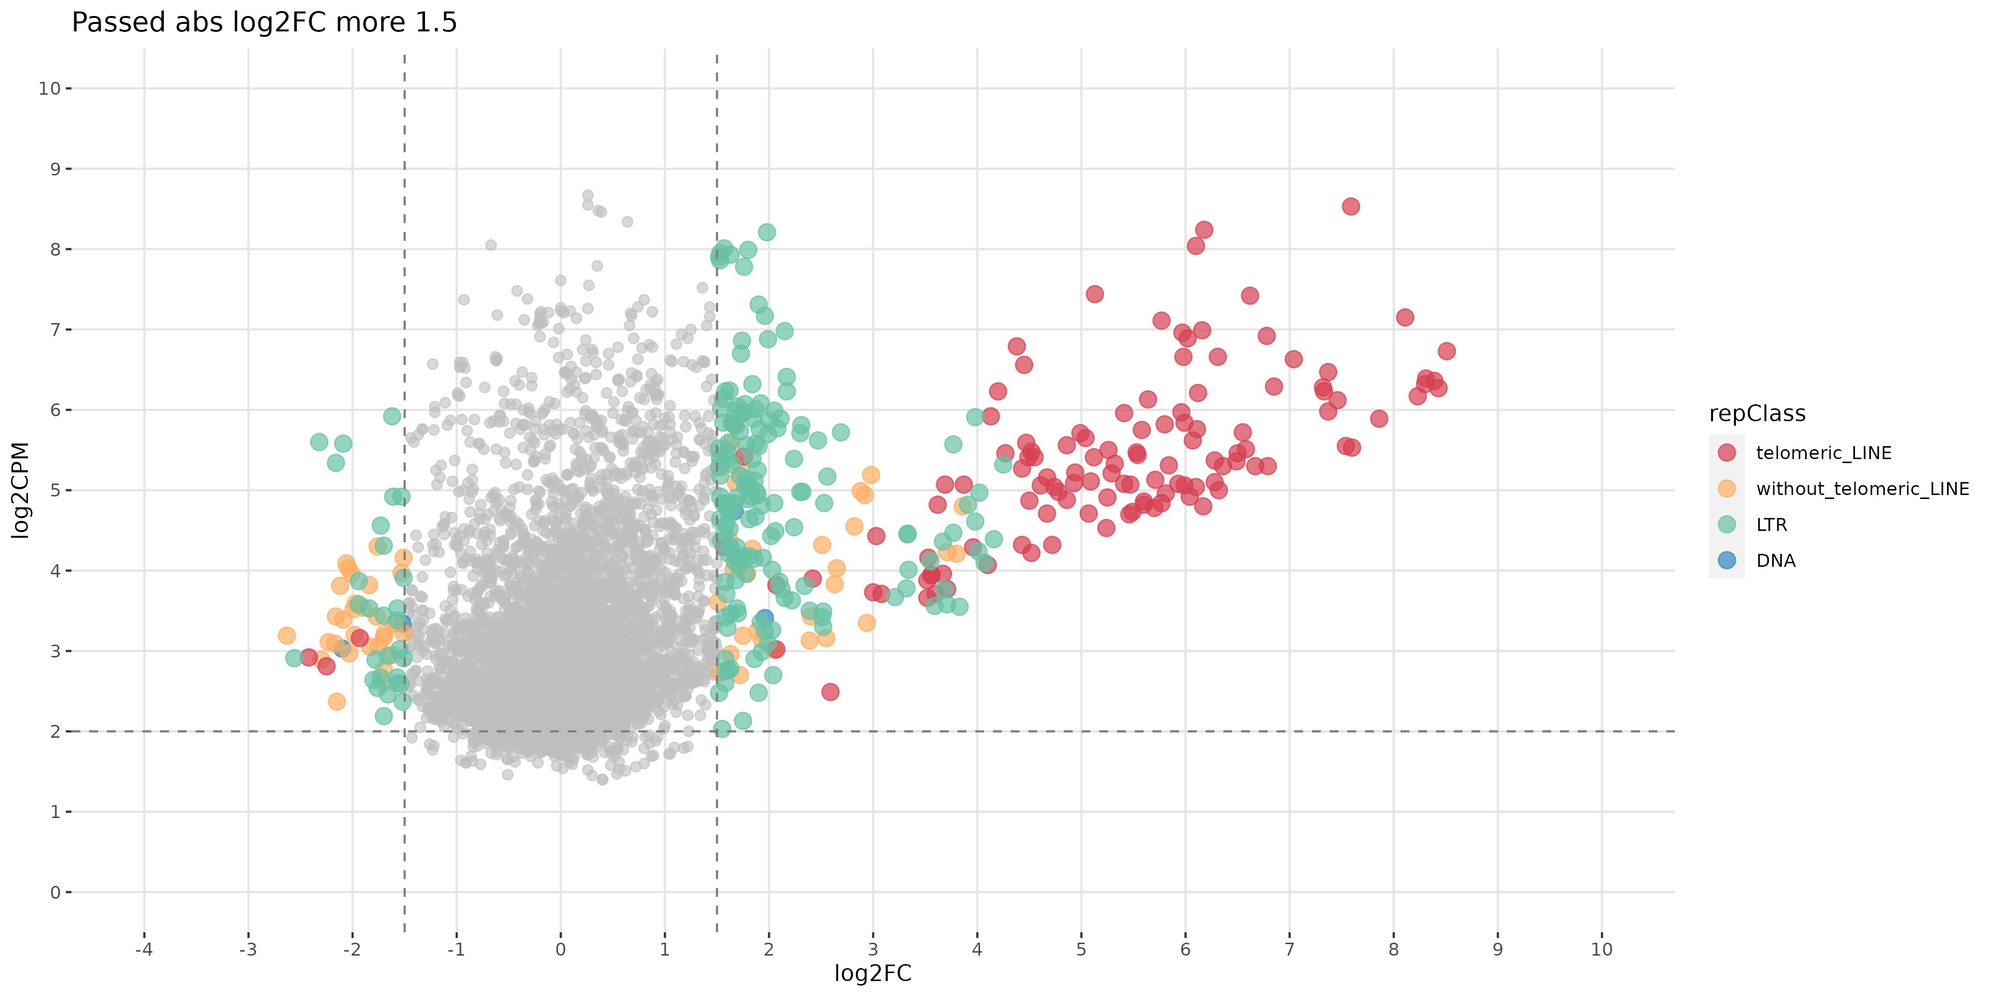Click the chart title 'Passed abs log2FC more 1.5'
point(264,22)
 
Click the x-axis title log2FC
point(873,974)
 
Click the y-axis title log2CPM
point(21,490)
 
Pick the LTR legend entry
point(1771,525)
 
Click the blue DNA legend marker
point(1726,560)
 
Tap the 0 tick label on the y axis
point(55,892)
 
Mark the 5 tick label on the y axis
point(55,490)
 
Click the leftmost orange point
point(286,636)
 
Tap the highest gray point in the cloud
point(587,196)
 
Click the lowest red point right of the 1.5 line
point(830,692)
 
